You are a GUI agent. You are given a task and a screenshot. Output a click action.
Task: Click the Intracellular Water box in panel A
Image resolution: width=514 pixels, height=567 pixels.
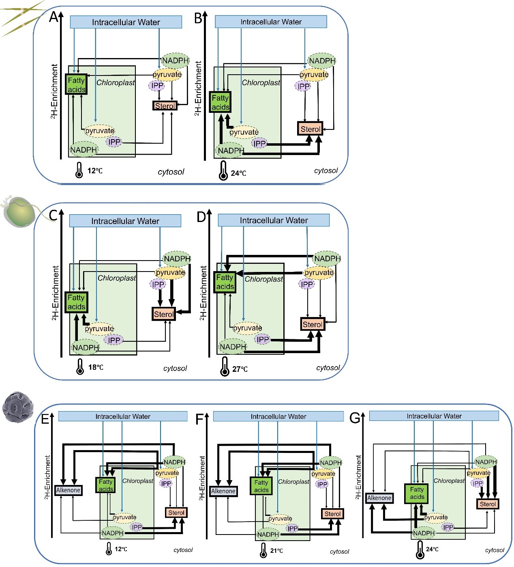[x=126, y=22]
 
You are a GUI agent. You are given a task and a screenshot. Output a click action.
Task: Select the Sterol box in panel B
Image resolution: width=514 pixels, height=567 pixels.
[x=310, y=129]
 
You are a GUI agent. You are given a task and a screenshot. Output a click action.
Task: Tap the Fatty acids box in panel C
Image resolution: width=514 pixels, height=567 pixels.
[x=76, y=302]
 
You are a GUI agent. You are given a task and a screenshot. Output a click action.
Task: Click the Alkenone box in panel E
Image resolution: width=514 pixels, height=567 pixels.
[x=68, y=490]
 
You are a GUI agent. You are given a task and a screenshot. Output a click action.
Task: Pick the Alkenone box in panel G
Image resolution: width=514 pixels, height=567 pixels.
[x=379, y=498]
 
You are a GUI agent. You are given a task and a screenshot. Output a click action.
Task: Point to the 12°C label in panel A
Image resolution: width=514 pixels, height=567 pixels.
[x=95, y=170]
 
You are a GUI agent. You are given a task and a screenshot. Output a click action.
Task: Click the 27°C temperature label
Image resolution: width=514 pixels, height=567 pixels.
[x=240, y=369]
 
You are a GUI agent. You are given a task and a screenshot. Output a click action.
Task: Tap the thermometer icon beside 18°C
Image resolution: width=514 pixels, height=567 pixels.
[x=80, y=367]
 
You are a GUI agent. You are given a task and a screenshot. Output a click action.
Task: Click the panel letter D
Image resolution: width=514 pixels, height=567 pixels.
[x=201, y=217]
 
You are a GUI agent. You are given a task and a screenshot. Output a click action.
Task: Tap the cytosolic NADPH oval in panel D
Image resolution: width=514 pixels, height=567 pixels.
[x=327, y=259]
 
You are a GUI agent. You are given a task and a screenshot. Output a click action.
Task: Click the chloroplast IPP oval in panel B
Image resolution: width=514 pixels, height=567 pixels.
[x=259, y=143]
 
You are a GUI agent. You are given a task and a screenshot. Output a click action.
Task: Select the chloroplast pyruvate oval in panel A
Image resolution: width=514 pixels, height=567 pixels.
[x=99, y=131]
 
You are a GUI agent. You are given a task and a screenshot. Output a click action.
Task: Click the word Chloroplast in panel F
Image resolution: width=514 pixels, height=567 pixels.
[x=293, y=482]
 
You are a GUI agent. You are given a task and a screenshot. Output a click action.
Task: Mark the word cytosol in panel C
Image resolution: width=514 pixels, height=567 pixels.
[x=175, y=369]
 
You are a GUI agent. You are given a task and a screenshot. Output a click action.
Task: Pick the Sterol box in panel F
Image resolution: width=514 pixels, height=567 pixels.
[x=332, y=514]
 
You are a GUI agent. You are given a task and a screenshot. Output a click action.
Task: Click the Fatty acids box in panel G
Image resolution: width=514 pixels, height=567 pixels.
[x=417, y=493]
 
